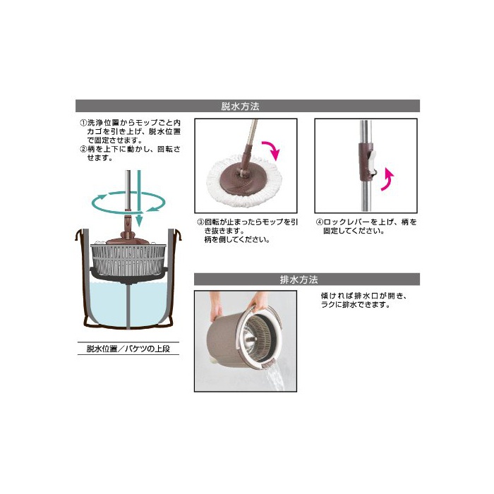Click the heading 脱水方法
click(x=240, y=107)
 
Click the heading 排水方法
click(x=299, y=279)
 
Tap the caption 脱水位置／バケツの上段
click(x=128, y=349)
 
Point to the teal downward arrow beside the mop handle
click(x=139, y=198)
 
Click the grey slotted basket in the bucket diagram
click(x=128, y=259)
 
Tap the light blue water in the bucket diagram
click(x=128, y=305)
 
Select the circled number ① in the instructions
click(x=83, y=123)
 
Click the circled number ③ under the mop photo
click(x=200, y=222)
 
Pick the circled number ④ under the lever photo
click(x=320, y=222)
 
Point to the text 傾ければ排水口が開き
click(x=364, y=296)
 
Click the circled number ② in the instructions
click(x=83, y=149)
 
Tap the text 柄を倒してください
click(x=237, y=240)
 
